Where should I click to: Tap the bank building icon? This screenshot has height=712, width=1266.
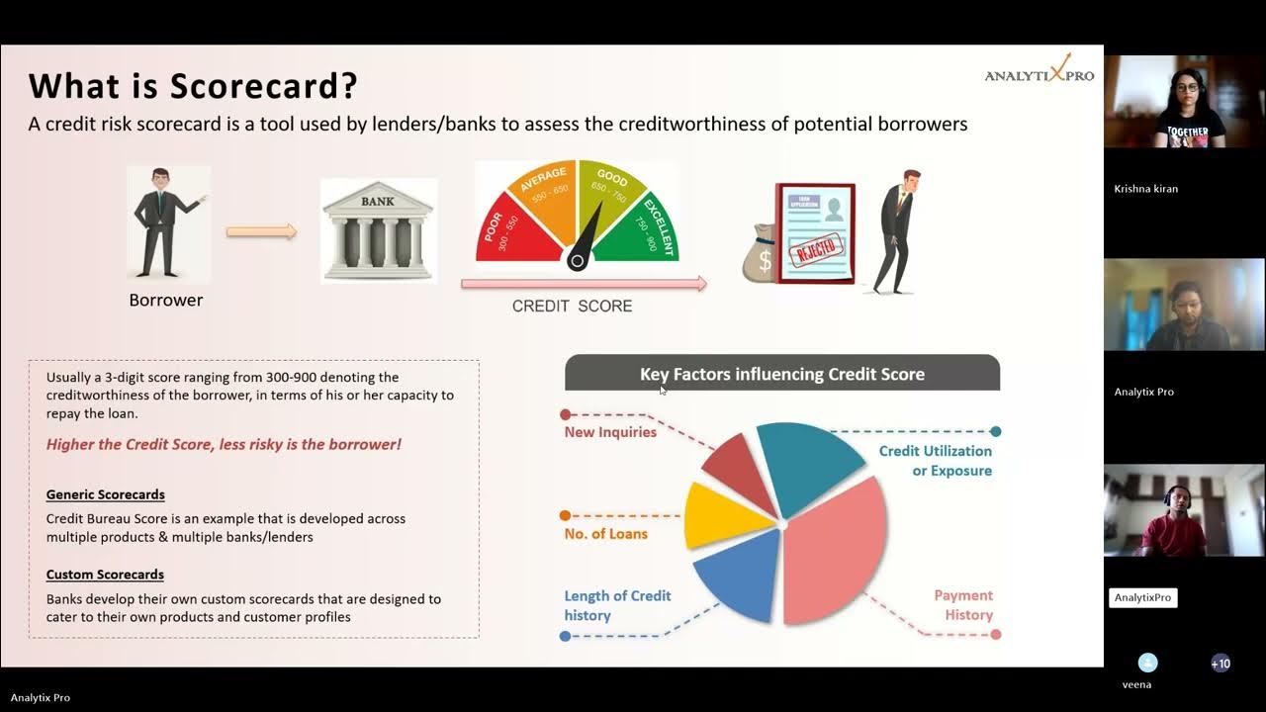[x=378, y=230]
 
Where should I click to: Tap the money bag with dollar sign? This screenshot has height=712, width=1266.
[x=763, y=255]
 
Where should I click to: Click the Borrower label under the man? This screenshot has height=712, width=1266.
[x=165, y=300]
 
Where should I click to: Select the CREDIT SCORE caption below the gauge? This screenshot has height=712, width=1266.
[x=572, y=307]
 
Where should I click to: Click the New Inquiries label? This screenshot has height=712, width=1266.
[x=610, y=432]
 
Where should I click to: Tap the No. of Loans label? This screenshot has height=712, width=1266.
[x=605, y=534]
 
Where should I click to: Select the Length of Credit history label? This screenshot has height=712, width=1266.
[x=617, y=605]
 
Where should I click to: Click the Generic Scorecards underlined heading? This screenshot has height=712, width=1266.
[x=106, y=494]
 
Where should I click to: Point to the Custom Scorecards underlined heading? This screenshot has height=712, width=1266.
[x=105, y=575]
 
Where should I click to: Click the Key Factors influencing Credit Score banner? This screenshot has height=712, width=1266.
[x=781, y=374]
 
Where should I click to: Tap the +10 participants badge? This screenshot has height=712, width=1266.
[x=1221, y=664]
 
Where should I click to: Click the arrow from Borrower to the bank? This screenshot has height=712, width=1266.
[x=261, y=231]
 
